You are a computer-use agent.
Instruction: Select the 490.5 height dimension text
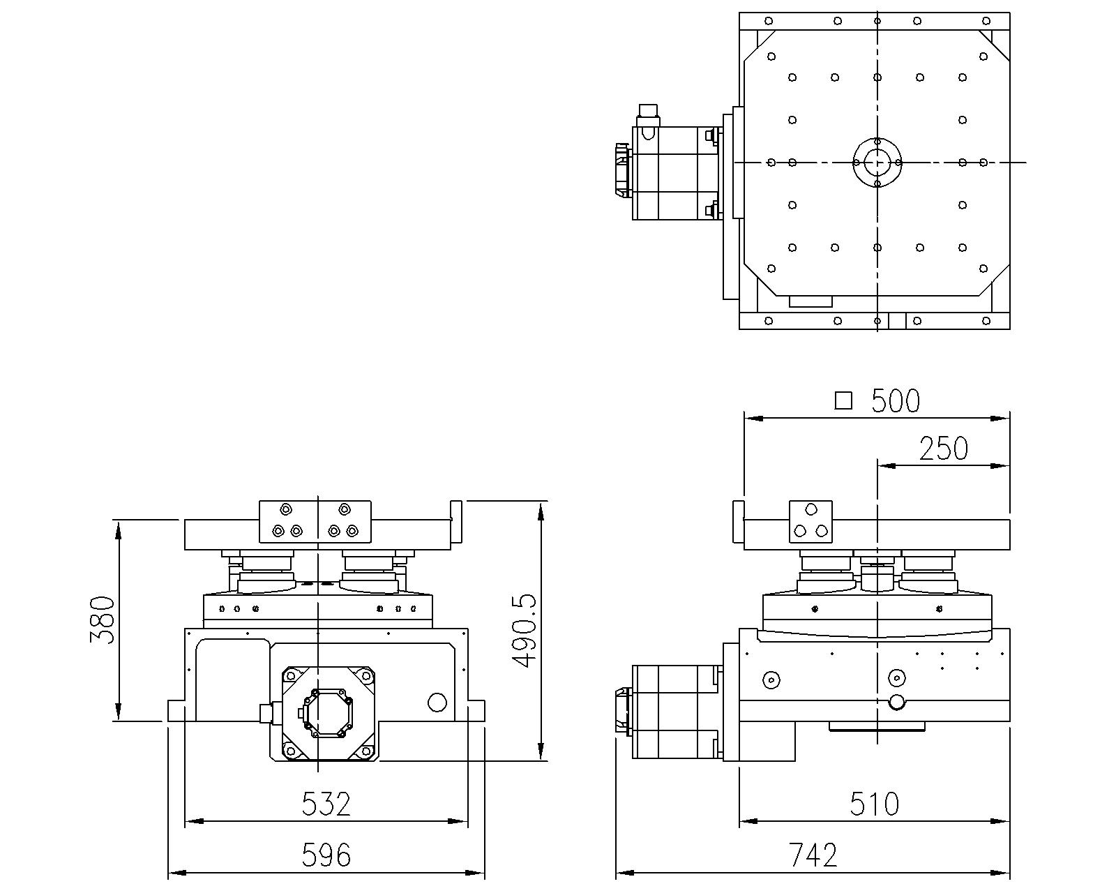coord(525,631)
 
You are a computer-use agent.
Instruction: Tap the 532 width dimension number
coord(326,804)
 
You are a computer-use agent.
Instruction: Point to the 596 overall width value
coord(326,855)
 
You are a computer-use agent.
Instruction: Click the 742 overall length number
coord(813,855)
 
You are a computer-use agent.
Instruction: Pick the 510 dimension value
coord(875,804)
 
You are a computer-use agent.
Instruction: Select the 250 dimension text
coord(943,449)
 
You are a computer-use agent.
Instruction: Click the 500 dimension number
coord(896,400)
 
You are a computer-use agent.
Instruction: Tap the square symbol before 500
coord(843,401)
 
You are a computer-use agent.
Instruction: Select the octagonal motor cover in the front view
coord(326,713)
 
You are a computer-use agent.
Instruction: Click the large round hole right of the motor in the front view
coord(437,702)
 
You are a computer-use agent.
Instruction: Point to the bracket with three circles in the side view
coord(810,521)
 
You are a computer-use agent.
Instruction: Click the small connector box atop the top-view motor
coord(648,110)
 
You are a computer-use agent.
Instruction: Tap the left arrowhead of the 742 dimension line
coord(624,873)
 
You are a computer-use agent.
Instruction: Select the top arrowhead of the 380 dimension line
coord(119,530)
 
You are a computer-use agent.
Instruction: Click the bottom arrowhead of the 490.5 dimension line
coord(541,752)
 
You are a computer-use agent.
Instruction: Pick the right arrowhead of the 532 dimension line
coord(458,821)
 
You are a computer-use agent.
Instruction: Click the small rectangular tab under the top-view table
coord(810,301)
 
